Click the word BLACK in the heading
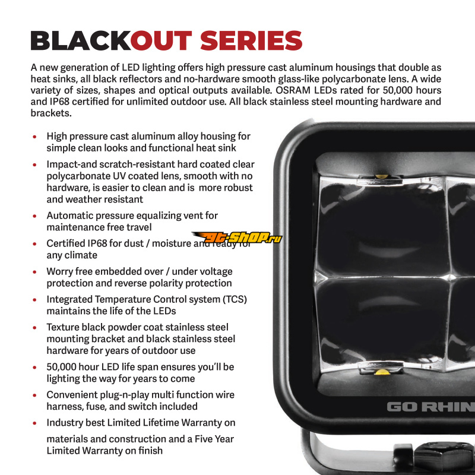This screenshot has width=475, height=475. pos(81,40)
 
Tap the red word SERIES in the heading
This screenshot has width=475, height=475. pos(251,40)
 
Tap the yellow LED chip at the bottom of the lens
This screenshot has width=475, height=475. pos(382,372)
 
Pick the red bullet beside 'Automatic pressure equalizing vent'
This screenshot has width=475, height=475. pos(34,216)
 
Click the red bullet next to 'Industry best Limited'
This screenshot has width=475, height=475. pos(34,423)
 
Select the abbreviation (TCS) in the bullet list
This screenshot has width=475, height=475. pos(235,299)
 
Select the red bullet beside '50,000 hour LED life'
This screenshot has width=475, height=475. pos(34,368)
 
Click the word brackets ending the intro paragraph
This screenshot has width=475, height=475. pos(51,113)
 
